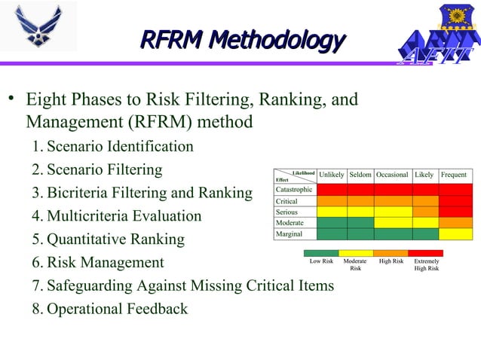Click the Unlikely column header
tap(332, 175)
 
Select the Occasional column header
tap(392, 175)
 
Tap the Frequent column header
tap(454, 175)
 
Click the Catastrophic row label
tap(294, 190)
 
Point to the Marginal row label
tap(290, 234)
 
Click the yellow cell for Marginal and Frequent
tap(455, 234)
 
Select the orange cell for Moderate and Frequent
tap(455, 223)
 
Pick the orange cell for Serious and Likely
tap(424, 212)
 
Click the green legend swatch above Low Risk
tap(320, 253)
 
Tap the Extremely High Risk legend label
tap(427, 264)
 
